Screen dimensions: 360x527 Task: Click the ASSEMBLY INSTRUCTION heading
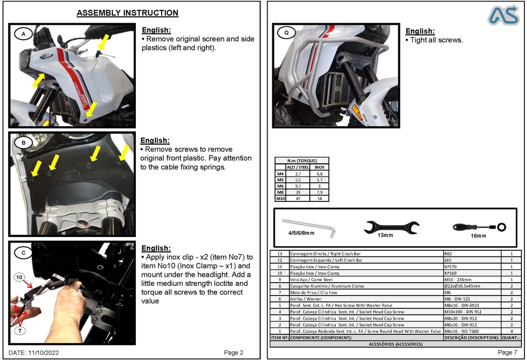127,13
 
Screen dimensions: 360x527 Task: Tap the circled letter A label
23,34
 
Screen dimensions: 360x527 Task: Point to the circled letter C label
23,252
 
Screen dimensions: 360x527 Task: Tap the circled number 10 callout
19,278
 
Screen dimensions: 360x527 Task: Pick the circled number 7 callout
20,331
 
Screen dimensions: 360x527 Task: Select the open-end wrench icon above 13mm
391,227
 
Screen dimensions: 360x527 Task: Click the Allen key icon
309,226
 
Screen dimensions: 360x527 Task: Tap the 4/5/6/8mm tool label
301,233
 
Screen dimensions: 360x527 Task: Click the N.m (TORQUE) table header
302,161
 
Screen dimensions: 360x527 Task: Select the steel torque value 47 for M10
298,198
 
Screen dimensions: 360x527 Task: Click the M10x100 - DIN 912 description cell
463,312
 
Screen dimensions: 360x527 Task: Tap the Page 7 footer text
507,352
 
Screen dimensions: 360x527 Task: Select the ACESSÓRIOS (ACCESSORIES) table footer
395,344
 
